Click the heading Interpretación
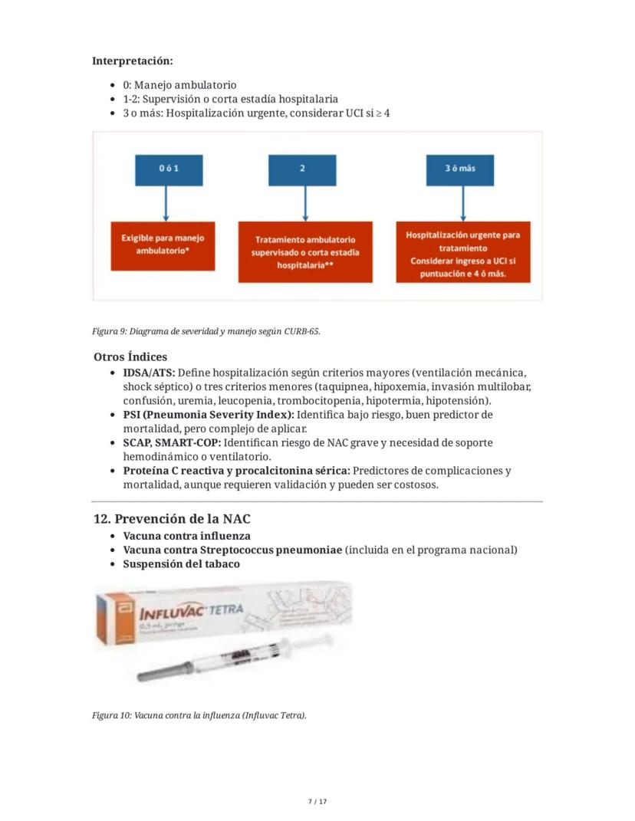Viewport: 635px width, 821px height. pyautogui.click(x=132, y=61)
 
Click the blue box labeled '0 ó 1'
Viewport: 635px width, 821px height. pyautogui.click(x=169, y=169)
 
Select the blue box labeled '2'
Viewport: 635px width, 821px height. pyautogui.click(x=302, y=169)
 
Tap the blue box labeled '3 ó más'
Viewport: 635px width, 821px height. pyautogui.click(x=460, y=169)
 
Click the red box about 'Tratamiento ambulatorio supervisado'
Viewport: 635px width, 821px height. pyautogui.click(x=305, y=251)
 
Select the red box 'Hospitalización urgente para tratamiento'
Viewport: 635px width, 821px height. pyautogui.click(x=462, y=254)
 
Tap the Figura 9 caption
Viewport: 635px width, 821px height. pyautogui.click(x=206, y=331)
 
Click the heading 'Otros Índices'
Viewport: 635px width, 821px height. pyautogui.click(x=130, y=356)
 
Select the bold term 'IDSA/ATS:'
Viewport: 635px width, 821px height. pyautogui.click(x=149, y=373)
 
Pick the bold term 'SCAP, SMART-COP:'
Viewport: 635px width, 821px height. pyautogui.click(x=172, y=443)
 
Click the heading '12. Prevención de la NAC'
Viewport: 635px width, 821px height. pyautogui.click(x=172, y=519)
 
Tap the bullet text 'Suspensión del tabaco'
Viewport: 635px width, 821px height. pyautogui.click(x=181, y=564)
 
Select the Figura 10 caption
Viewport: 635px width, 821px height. pyautogui.click(x=199, y=715)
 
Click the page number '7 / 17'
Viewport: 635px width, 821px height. pyautogui.click(x=317, y=802)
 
